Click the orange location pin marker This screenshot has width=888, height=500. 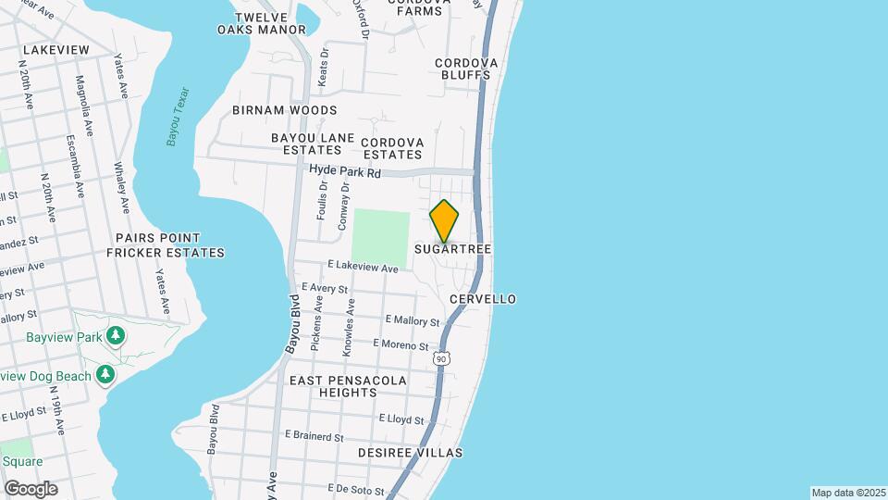click(x=444, y=221)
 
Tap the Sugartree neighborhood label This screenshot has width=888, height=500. click(x=452, y=250)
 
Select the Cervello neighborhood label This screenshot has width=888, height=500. click(x=482, y=299)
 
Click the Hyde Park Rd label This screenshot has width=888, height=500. click(x=345, y=172)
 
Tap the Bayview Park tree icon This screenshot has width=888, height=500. click(x=116, y=335)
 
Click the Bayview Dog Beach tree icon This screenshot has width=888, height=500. click(x=106, y=374)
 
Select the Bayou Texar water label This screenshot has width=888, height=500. click(x=177, y=117)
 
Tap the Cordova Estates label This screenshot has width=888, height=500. click(x=392, y=148)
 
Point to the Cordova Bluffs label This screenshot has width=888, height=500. click(x=467, y=69)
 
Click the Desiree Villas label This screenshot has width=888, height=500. click(x=410, y=453)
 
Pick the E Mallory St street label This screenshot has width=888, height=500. click(x=413, y=321)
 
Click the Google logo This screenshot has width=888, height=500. click(x=31, y=488)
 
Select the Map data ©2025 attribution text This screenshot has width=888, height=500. click(x=848, y=493)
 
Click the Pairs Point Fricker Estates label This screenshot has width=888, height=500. click(x=166, y=244)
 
